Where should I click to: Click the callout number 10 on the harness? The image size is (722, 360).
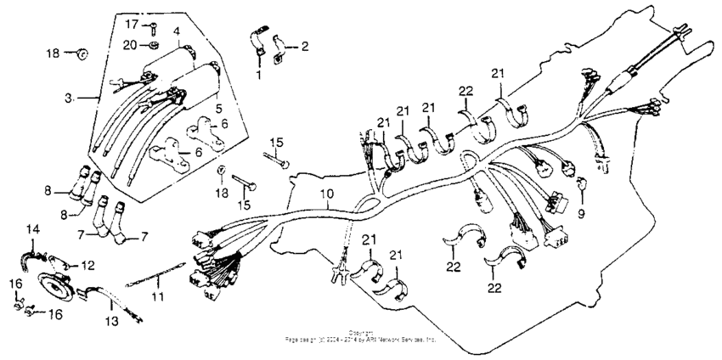[x=327, y=194]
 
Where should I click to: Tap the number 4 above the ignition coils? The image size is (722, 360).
[x=177, y=31]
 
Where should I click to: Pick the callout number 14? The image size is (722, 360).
[x=32, y=230]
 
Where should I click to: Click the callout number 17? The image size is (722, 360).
[x=132, y=23]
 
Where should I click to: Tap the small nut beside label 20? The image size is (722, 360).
[x=152, y=45]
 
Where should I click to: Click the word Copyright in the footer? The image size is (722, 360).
[x=361, y=333]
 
